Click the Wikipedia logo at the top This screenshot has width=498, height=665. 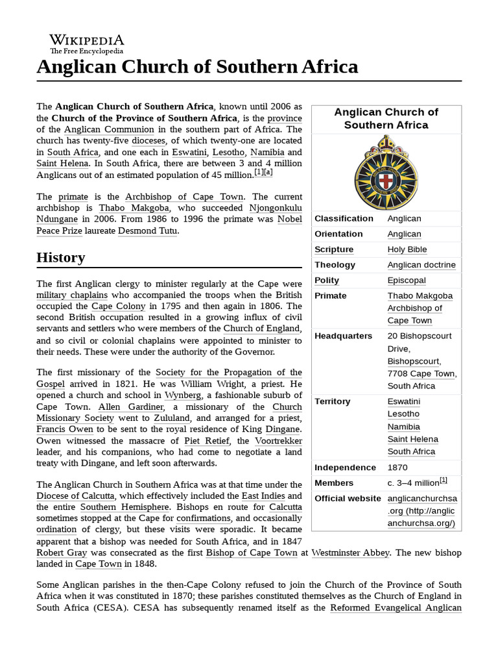(86, 42)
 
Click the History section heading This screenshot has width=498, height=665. (60, 258)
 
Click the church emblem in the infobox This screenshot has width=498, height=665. (386, 171)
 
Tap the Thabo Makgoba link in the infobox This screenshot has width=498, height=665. (420, 296)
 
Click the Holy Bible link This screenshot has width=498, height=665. (407, 249)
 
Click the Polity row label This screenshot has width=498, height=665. (327, 281)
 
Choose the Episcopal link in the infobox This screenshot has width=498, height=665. (407, 281)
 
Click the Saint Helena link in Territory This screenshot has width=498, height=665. (412, 439)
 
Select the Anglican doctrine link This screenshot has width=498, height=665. (421, 265)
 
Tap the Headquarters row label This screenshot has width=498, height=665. (343, 336)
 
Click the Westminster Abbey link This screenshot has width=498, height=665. (350, 553)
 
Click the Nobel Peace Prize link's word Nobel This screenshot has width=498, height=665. (289, 219)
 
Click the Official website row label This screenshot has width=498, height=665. (348, 499)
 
